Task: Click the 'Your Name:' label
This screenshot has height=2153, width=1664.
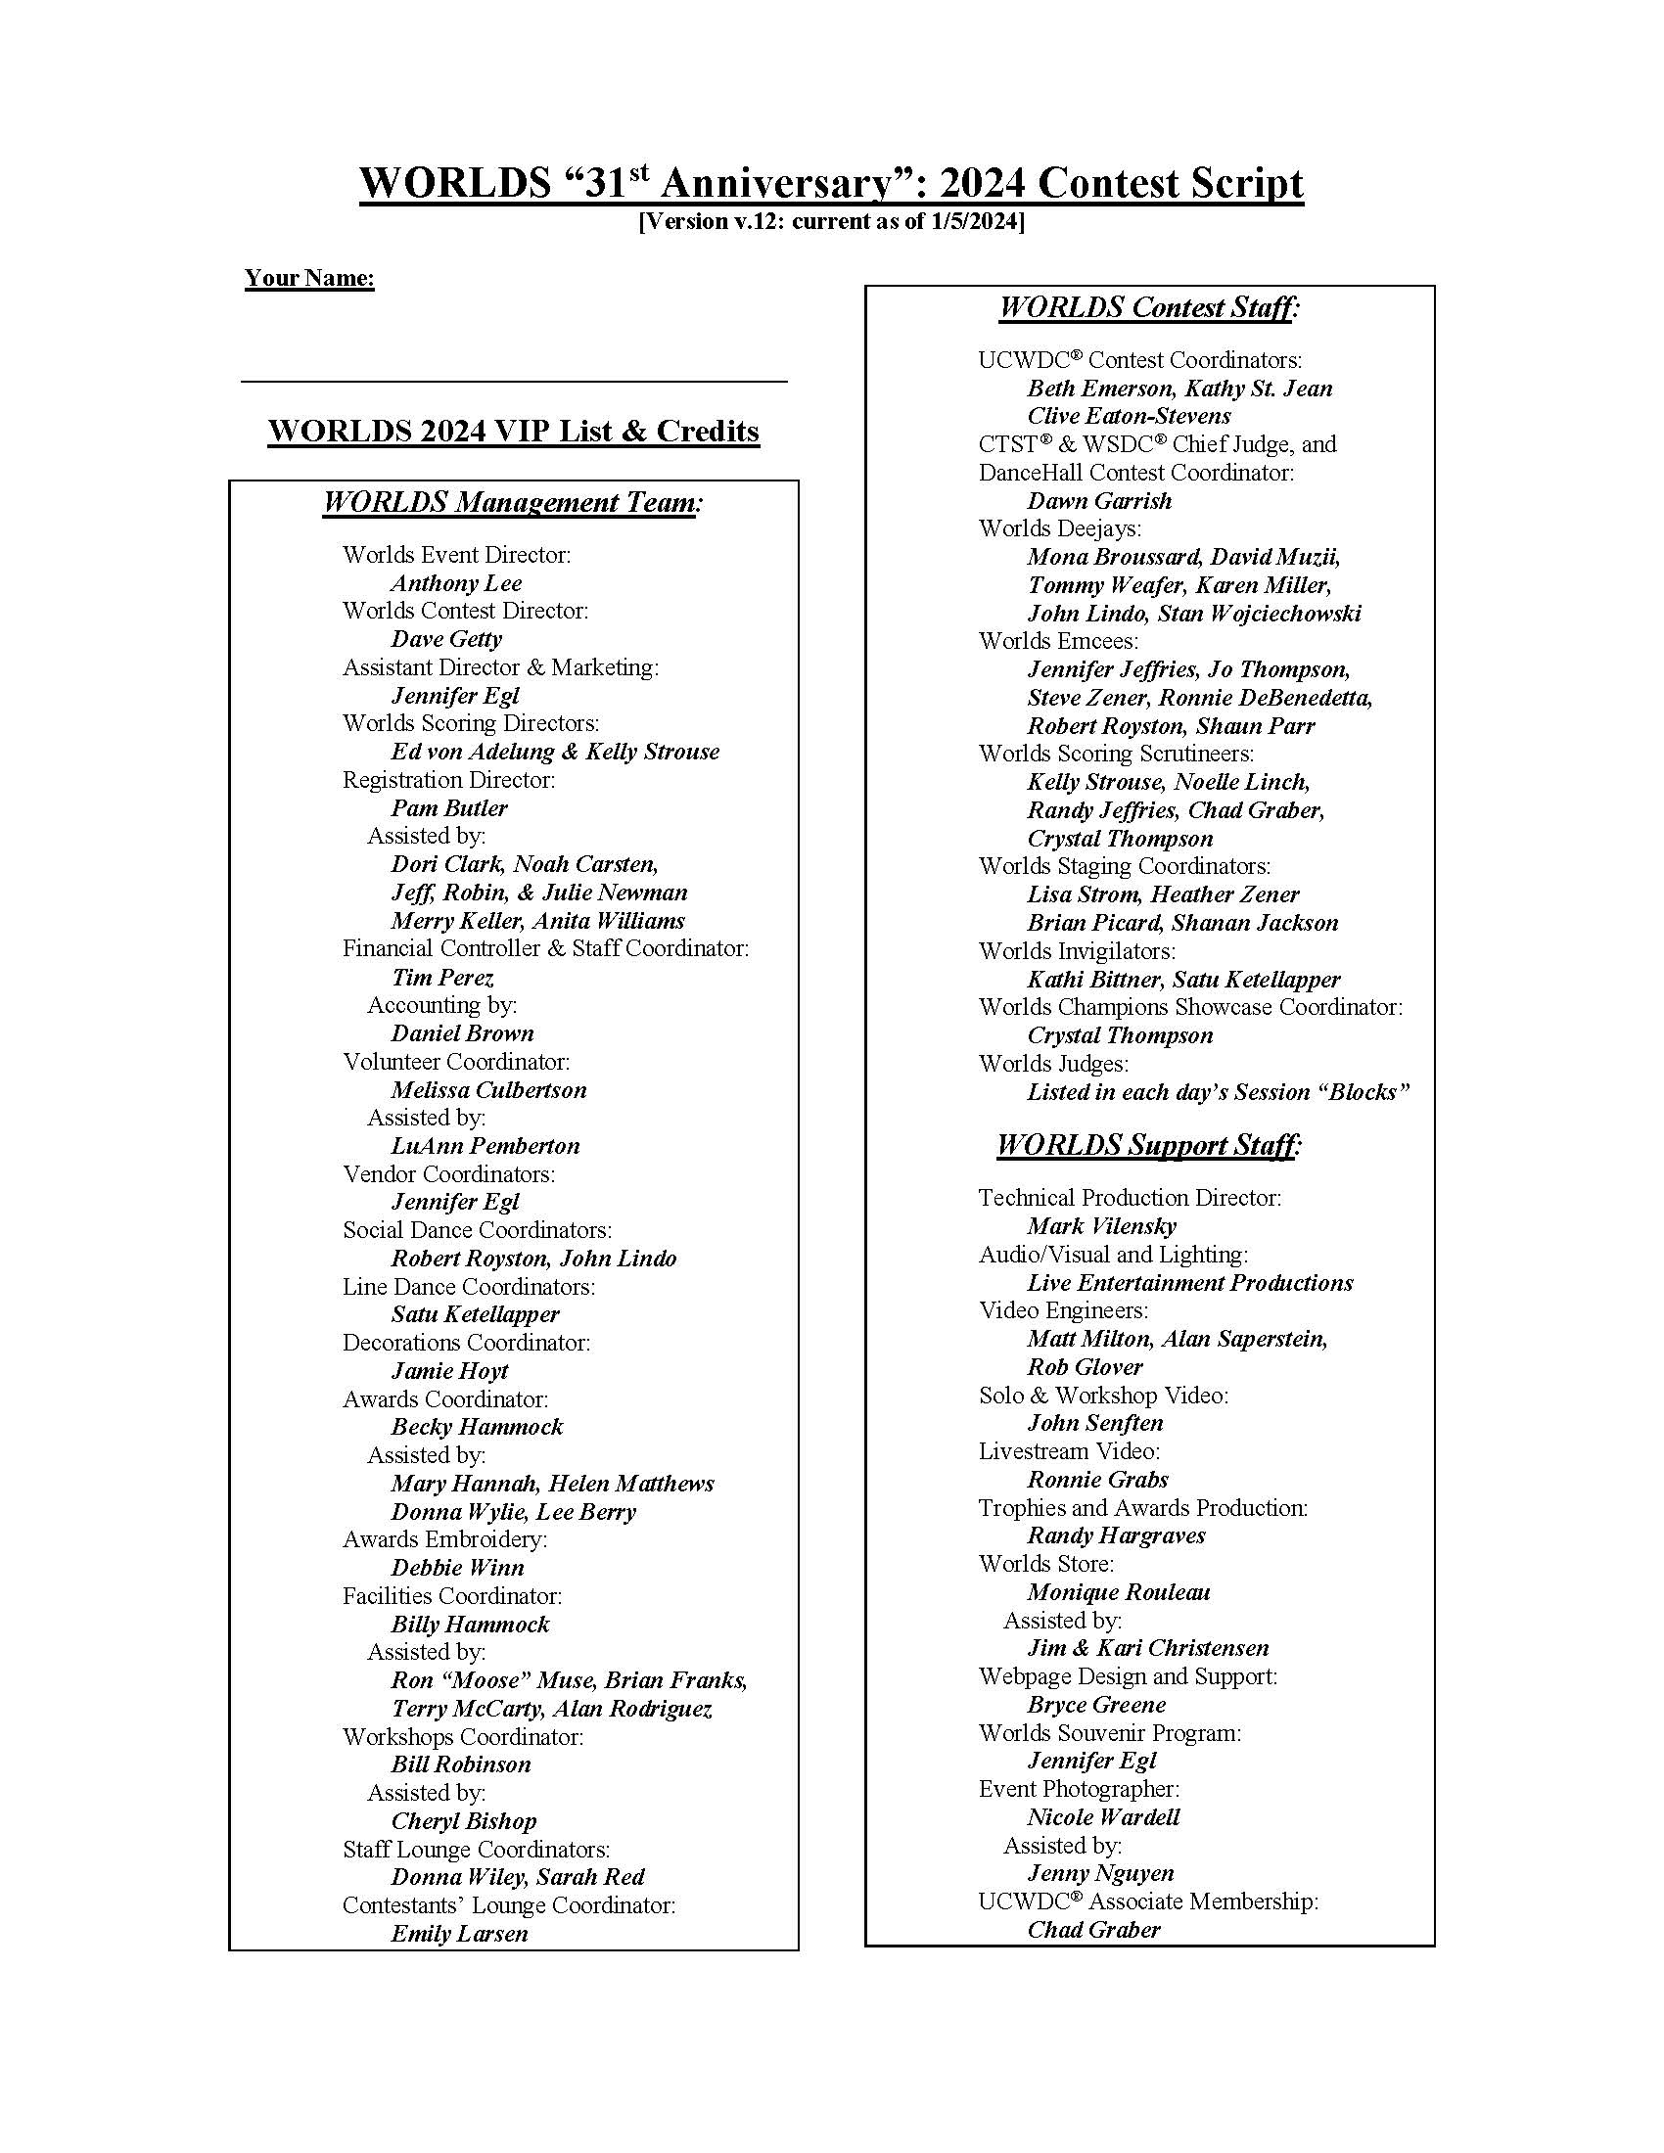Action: [309, 278]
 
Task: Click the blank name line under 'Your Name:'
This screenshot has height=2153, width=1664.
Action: [513, 380]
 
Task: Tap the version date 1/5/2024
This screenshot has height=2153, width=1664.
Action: [971, 222]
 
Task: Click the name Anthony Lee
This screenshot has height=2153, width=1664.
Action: [455, 583]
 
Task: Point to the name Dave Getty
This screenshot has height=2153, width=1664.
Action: [445, 640]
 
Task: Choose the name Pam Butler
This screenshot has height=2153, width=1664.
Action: [448, 808]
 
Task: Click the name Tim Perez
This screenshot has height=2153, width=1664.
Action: [441, 978]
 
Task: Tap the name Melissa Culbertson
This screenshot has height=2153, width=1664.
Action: [488, 1090]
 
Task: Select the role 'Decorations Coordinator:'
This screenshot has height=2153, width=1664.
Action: [466, 1343]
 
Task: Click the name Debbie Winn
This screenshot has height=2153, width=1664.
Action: [457, 1568]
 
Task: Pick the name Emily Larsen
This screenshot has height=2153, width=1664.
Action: [459, 1934]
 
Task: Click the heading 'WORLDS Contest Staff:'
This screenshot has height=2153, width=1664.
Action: [1149, 307]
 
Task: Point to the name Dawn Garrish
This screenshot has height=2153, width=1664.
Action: [1099, 501]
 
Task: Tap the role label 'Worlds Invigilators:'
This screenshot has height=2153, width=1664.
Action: [1077, 951]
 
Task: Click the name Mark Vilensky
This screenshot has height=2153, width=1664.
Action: [1101, 1226]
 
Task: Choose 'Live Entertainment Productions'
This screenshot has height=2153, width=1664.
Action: [1190, 1283]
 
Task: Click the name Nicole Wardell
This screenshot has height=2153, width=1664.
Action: [1103, 1817]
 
